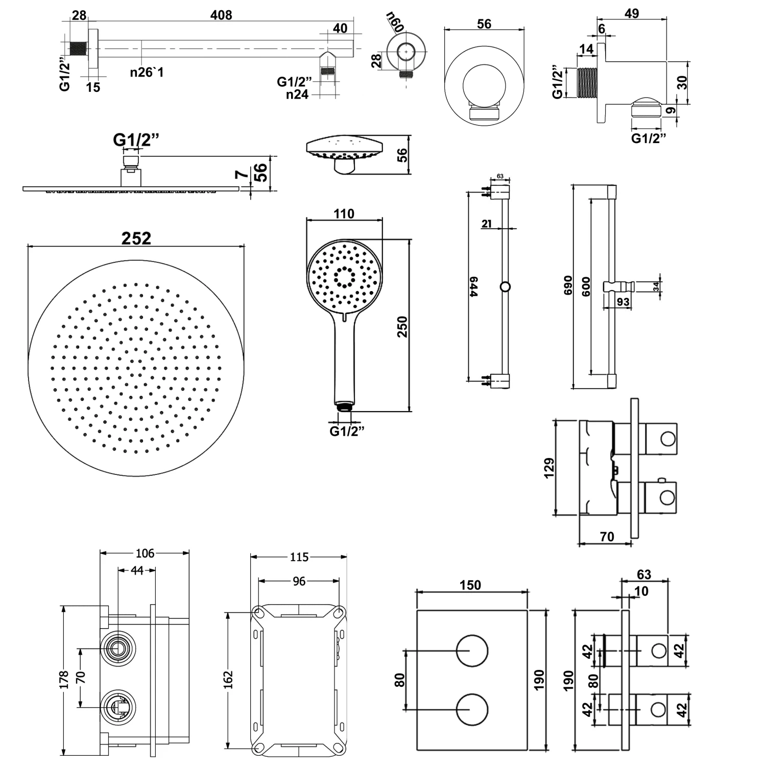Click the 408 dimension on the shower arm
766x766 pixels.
(221, 15)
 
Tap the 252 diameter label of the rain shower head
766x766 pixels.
(136, 238)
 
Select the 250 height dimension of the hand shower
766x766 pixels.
(402, 327)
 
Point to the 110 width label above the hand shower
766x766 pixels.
(344, 213)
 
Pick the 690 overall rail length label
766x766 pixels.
(568, 286)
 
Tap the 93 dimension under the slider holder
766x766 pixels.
(623, 302)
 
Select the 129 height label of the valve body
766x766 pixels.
(549, 468)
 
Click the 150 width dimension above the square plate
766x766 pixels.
(470, 585)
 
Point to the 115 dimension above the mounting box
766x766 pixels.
(299, 557)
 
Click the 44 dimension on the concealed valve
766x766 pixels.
(137, 570)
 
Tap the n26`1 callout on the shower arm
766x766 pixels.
(147, 73)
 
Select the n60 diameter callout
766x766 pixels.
(395, 22)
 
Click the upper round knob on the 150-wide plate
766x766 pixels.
(472, 651)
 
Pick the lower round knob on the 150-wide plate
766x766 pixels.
(472, 710)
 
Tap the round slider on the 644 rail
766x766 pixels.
(505, 286)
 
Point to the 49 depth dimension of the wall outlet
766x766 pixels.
(632, 14)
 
